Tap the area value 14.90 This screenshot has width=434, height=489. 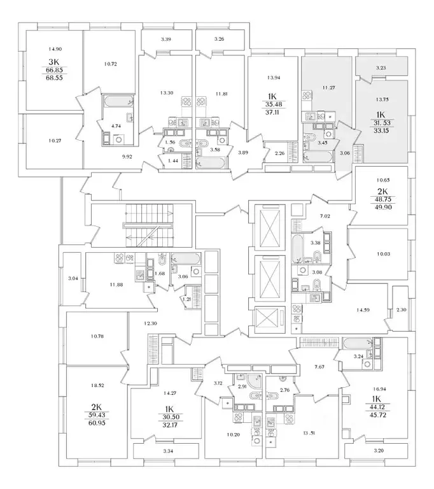tap(49, 49)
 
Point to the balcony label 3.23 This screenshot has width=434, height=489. tap(381, 68)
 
